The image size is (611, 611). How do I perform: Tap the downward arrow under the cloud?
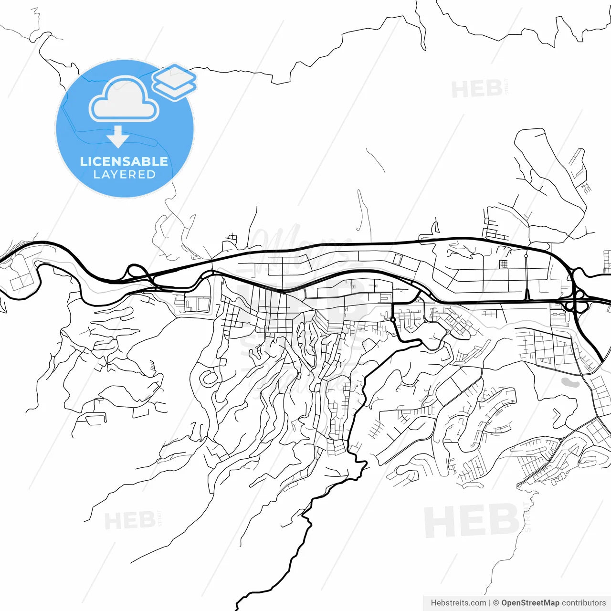(x=117, y=137)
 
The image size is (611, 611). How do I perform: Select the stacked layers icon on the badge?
(x=174, y=82)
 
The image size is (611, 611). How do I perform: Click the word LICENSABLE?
(x=124, y=161)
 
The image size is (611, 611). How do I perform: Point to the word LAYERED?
(x=124, y=175)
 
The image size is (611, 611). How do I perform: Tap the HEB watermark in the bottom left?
(x=129, y=520)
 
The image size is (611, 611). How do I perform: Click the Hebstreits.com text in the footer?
(x=458, y=603)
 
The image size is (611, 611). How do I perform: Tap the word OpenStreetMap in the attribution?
(x=530, y=603)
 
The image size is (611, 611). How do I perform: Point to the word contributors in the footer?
(x=583, y=603)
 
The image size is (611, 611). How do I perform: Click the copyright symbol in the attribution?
(x=496, y=603)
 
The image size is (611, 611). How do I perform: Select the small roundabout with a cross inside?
(x=448, y=332)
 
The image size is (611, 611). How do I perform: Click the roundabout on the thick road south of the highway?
(x=392, y=319)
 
